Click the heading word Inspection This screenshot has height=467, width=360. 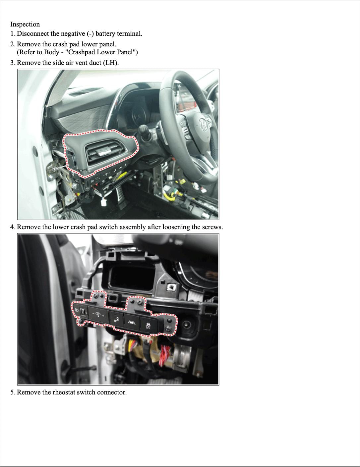coord(25,24)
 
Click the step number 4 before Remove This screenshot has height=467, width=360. coord(13,227)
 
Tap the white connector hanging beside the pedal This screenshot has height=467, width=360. coord(104,202)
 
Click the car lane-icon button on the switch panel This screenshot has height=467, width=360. coord(132,322)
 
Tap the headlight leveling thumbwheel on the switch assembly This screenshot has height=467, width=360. coord(82,311)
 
